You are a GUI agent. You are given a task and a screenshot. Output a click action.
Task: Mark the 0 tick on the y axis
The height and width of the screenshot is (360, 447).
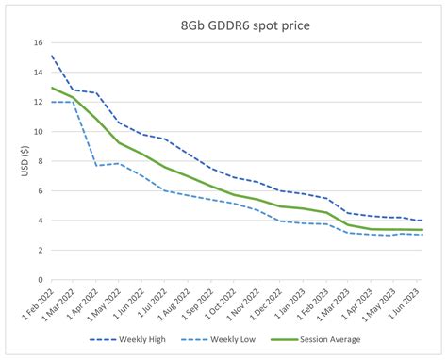pyautogui.click(x=40, y=280)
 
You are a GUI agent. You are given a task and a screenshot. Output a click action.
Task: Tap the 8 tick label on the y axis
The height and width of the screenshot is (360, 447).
pyautogui.click(x=40, y=161)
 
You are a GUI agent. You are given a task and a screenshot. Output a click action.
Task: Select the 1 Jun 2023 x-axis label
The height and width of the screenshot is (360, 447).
pyautogui.click(x=408, y=303)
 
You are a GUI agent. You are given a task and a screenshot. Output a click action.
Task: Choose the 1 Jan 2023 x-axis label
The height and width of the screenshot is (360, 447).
pyautogui.click(x=292, y=303)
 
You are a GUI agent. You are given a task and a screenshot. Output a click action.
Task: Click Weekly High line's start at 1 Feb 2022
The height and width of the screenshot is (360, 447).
pyautogui.click(x=51, y=56)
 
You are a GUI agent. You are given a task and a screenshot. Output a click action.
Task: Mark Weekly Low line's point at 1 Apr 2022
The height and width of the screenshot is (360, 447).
pyautogui.click(x=96, y=166)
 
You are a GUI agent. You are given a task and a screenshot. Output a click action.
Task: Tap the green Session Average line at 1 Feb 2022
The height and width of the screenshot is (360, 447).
pyautogui.click(x=51, y=88)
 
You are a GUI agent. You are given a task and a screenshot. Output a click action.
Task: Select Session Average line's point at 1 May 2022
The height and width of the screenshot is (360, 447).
pyautogui.click(x=119, y=142)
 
